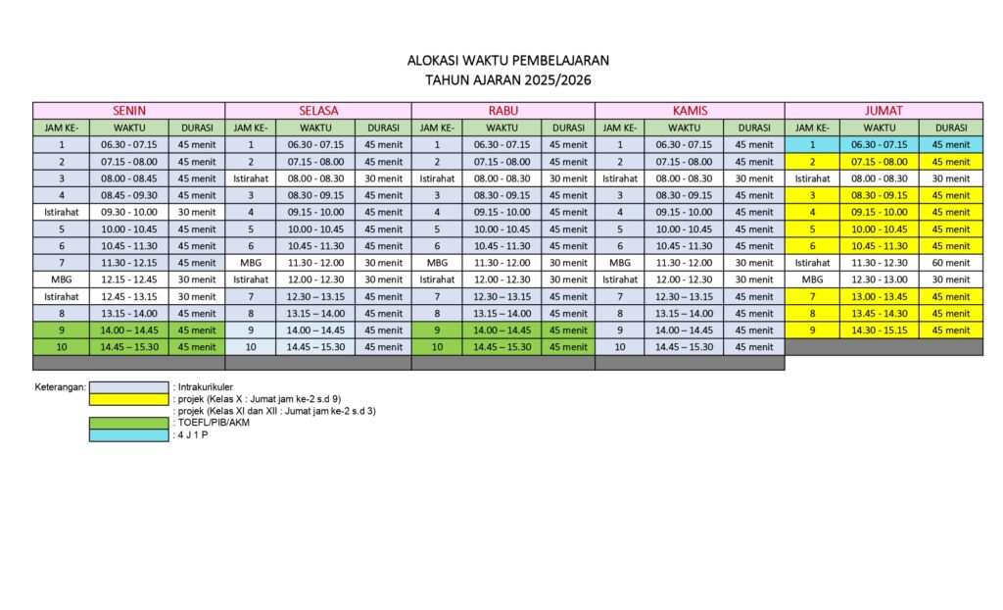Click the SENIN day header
[x=128, y=111]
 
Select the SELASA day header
[x=317, y=111]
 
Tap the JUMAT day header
[x=884, y=111]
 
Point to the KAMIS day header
[x=690, y=111]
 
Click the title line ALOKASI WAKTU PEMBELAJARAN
[x=501, y=61]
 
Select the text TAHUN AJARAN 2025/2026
[x=501, y=80]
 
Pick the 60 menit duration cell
[x=950, y=263]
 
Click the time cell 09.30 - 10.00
[x=128, y=212]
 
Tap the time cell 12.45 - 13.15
[x=128, y=296]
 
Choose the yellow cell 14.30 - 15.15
[x=880, y=330]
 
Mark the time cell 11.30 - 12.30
[x=880, y=263]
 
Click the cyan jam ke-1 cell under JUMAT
[x=812, y=144]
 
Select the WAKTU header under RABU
[x=501, y=127]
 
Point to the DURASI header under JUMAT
[x=950, y=127]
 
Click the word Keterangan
[x=60, y=387]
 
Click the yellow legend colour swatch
[x=128, y=399]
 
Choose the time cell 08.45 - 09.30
[x=128, y=195]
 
